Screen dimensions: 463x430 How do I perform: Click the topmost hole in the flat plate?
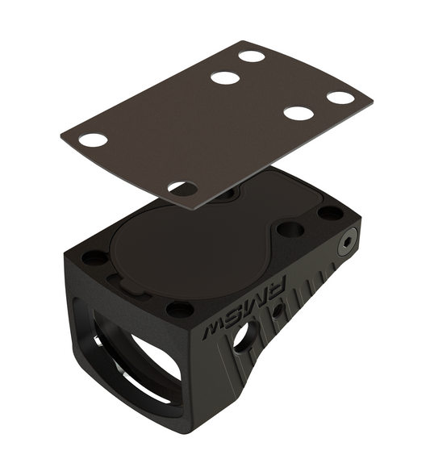[x=252, y=56]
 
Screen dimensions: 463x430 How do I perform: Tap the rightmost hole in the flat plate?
[x=340, y=98]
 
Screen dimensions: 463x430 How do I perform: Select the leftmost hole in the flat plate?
[x=94, y=140]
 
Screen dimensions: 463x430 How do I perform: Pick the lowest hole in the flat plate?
[x=182, y=189]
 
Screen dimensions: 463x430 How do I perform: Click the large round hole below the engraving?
[x=242, y=337]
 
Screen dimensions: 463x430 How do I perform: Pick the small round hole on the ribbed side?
[x=277, y=309]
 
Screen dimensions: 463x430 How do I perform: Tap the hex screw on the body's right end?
[x=348, y=240]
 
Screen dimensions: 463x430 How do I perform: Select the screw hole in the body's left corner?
[x=94, y=258]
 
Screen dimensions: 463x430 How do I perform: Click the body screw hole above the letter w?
[x=179, y=309]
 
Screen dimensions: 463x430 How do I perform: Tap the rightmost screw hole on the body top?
[x=330, y=213]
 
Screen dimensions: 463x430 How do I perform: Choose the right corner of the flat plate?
[x=372, y=102]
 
